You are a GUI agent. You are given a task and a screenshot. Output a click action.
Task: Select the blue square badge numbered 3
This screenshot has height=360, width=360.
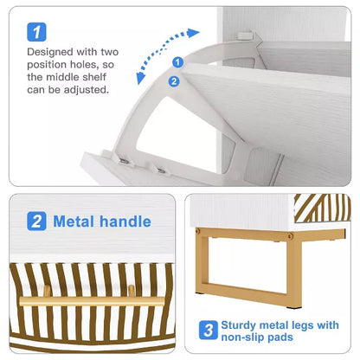[208, 330]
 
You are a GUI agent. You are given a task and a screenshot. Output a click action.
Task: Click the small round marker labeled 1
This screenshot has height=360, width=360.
[177, 62]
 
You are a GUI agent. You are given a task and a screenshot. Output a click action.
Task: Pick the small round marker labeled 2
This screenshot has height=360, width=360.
[175, 81]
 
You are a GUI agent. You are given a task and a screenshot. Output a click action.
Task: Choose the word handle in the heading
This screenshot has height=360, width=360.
[125, 222]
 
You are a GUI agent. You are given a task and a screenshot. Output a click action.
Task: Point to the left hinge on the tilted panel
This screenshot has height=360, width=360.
[125, 161]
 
